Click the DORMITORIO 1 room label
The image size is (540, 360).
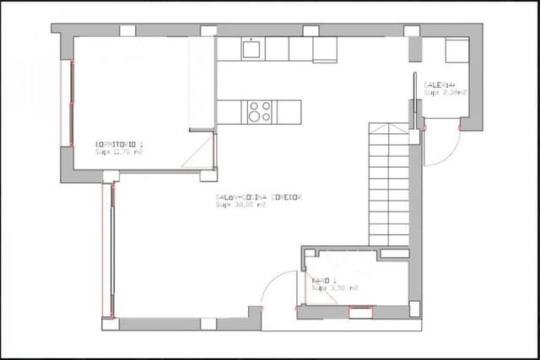coord(118,146)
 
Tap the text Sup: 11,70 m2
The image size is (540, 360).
coord(118,153)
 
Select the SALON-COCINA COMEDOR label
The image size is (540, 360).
coord(259,197)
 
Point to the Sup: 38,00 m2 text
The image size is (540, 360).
coord(241,205)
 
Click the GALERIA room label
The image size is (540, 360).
coord(440,85)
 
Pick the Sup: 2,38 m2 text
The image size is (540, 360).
coord(445,93)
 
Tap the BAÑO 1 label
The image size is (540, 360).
coord(325,280)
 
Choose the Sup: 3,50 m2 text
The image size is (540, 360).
coord(334,287)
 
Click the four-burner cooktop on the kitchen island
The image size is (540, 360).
coord(259,110)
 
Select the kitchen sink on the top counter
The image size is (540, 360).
coord(252,50)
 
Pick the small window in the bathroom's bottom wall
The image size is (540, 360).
coord(361,313)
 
